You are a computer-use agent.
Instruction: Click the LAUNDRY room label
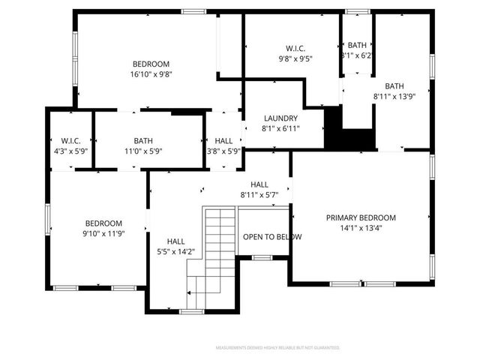(280, 118)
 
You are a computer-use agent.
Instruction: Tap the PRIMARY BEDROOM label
(360, 218)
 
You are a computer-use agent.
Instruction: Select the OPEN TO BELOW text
(272, 237)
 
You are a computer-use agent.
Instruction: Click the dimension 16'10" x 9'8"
(151, 74)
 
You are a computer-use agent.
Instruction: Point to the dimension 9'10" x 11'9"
(103, 234)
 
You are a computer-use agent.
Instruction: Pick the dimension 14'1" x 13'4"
(360, 229)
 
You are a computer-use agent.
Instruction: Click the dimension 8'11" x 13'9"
(394, 96)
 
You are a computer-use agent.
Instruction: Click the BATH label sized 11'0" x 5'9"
(143, 141)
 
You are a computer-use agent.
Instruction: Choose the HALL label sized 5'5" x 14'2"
(176, 241)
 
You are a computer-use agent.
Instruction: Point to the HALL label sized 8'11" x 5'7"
(259, 184)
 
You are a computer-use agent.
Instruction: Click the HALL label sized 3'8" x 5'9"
(223, 141)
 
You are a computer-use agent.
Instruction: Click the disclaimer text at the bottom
(277, 348)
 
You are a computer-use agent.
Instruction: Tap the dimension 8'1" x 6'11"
(280, 129)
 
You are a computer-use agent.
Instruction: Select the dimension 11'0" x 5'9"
(143, 151)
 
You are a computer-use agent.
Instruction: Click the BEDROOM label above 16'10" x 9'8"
(151, 64)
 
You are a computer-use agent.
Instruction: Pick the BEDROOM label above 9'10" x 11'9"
(103, 223)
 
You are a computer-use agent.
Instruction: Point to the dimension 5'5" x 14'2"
(176, 252)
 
